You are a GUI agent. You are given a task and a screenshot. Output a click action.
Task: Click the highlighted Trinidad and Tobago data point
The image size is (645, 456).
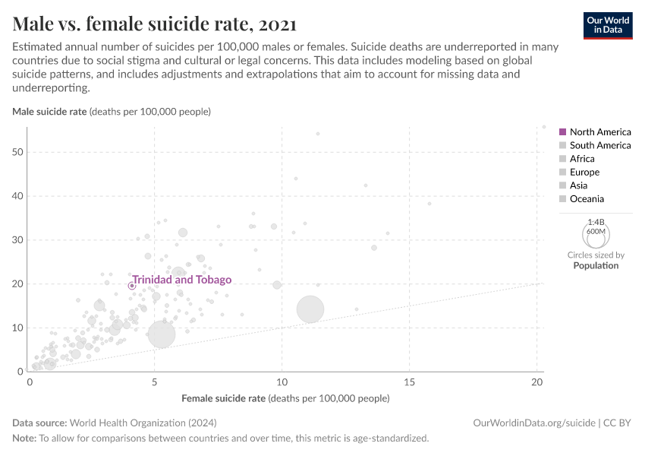pos(131,286)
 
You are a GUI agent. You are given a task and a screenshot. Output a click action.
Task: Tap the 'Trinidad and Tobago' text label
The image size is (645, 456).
pos(182,280)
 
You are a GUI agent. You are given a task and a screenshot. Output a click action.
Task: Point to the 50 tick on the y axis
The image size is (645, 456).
pos(17,152)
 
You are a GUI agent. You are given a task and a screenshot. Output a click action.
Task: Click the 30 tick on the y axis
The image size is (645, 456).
pos(17,240)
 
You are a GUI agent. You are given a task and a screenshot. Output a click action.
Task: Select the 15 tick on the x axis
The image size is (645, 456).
pos(409,382)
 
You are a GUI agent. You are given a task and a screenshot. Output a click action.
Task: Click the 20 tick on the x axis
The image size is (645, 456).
pos(536,382)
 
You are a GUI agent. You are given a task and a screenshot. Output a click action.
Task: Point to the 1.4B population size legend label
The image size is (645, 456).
pos(596,222)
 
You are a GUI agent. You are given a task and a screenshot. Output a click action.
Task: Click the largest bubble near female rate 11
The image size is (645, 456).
pos(310,309)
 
